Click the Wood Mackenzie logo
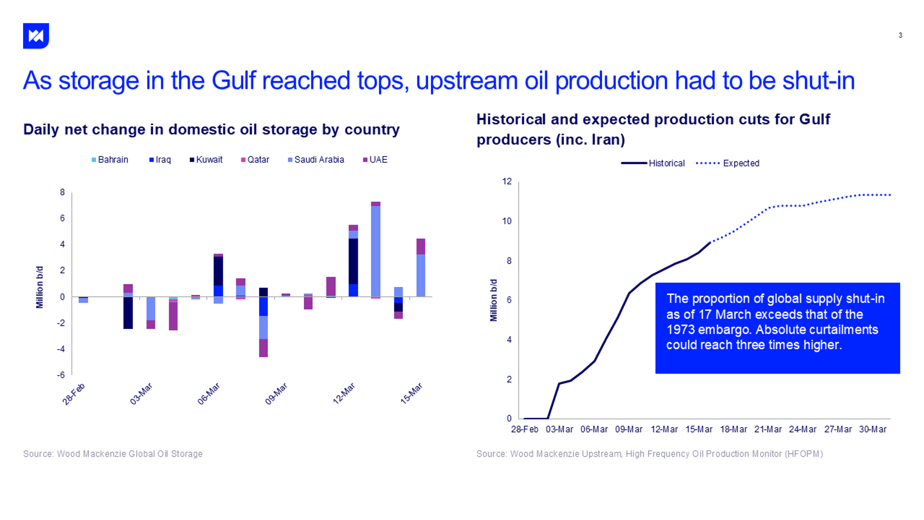click(x=36, y=36)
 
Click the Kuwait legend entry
click(x=206, y=160)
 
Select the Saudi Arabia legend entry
click(x=316, y=160)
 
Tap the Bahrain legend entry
click(x=110, y=160)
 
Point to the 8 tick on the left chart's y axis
click(x=63, y=193)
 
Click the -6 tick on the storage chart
click(x=61, y=375)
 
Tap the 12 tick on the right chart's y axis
click(x=507, y=181)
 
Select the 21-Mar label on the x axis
click(x=768, y=430)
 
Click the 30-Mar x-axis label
click(x=873, y=430)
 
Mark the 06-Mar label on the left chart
click(x=209, y=394)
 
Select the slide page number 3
click(x=900, y=35)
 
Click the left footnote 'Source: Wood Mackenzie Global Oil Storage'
click(x=113, y=454)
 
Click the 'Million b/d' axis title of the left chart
click(x=40, y=287)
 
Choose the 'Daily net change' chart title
click(x=211, y=129)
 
